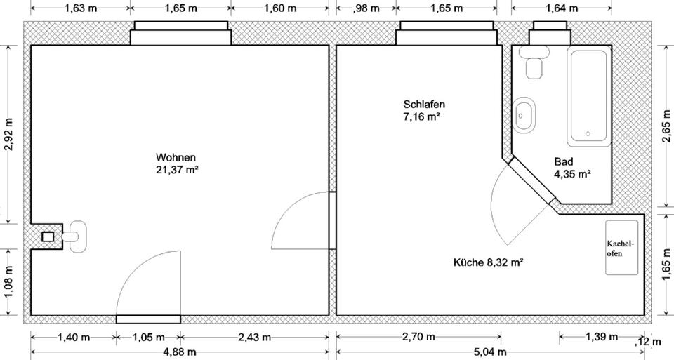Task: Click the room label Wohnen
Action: pyautogui.click(x=176, y=157)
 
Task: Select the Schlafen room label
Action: pyautogui.click(x=424, y=105)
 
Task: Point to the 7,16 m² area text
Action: pyautogui.click(x=421, y=116)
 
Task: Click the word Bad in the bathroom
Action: pyautogui.click(x=563, y=162)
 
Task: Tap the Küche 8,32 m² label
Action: pyautogui.click(x=489, y=262)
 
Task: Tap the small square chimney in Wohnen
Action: pyautogui.click(x=48, y=236)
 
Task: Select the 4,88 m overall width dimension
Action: pyautogui.click(x=180, y=352)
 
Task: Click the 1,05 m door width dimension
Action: pyautogui.click(x=148, y=337)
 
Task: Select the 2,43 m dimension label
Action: pyautogui.click(x=254, y=337)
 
